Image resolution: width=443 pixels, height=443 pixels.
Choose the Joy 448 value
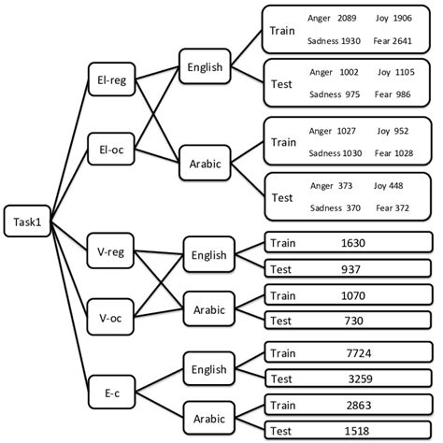tap(388, 185)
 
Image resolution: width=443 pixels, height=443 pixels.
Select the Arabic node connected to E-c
tap(210, 415)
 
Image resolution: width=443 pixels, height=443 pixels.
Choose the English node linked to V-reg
tap(210, 254)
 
